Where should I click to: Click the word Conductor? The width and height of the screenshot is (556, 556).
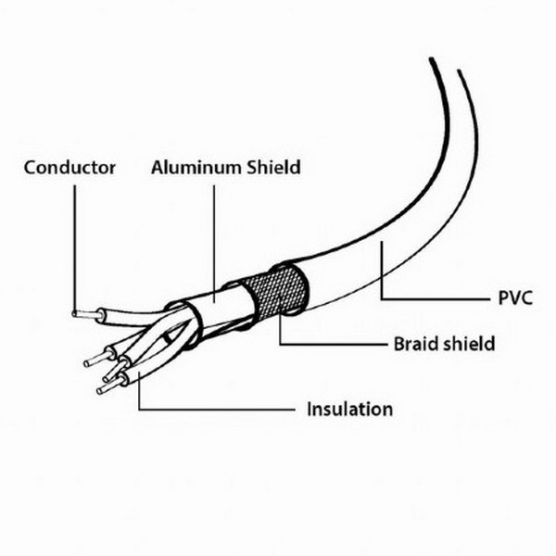[x=69, y=168]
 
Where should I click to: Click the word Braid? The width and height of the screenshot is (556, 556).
[x=405, y=344]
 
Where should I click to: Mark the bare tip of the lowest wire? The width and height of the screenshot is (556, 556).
[x=104, y=390]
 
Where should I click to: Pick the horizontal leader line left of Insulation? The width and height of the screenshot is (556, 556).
[x=222, y=409]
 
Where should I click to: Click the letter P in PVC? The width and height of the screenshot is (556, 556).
[x=494, y=299]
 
